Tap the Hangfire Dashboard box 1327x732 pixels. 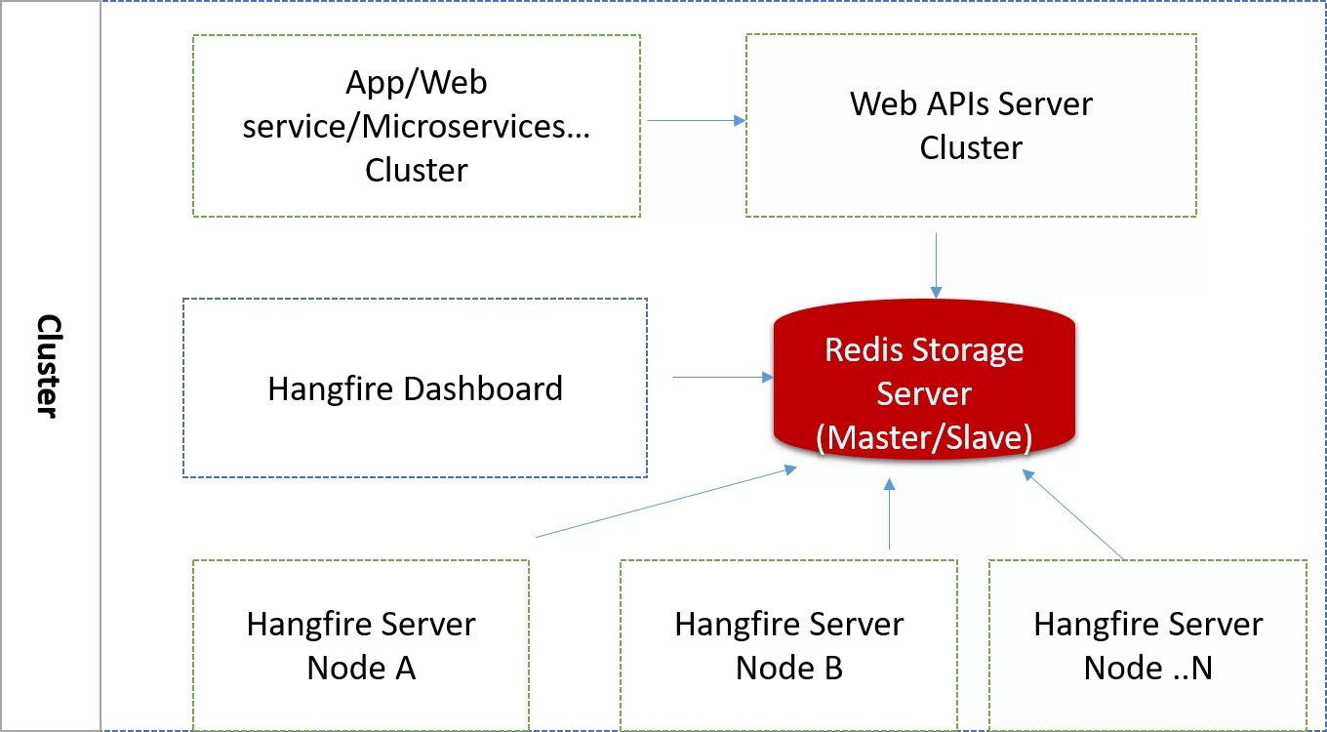(415, 388)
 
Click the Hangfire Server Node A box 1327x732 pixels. (361, 645)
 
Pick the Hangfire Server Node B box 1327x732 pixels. (788, 645)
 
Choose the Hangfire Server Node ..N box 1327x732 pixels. (1147, 645)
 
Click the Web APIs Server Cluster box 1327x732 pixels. (971, 126)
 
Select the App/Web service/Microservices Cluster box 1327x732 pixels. (416, 126)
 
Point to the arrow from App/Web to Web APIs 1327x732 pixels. (695, 121)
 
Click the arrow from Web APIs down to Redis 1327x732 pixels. (936, 264)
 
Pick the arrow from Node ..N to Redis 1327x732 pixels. (1073, 515)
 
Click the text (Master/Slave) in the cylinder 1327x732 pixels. (923, 438)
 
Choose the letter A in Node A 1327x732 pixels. (403, 668)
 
